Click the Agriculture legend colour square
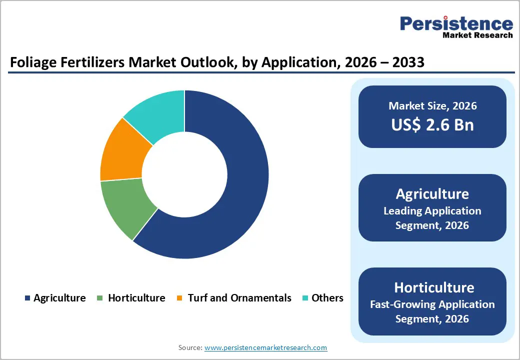click(x=27, y=298)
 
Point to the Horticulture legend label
click(x=136, y=298)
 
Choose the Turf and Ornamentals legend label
click(x=239, y=298)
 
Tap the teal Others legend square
click(x=305, y=298)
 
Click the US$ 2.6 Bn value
click(x=432, y=124)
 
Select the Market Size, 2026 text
click(x=432, y=106)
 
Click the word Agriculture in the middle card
click(x=432, y=194)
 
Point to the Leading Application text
click(x=432, y=211)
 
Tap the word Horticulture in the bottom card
click(x=432, y=287)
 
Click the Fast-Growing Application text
click(x=432, y=304)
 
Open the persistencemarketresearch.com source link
click(x=265, y=347)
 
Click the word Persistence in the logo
click(x=456, y=24)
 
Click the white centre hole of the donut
click(x=184, y=174)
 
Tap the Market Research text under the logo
click(x=477, y=35)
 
